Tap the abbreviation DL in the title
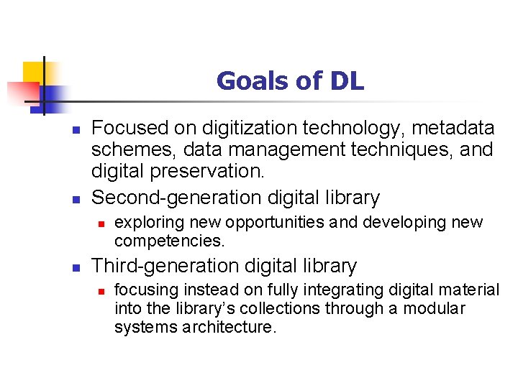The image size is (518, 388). (347, 81)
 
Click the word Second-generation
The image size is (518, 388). (178, 197)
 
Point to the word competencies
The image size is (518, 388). (170, 240)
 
